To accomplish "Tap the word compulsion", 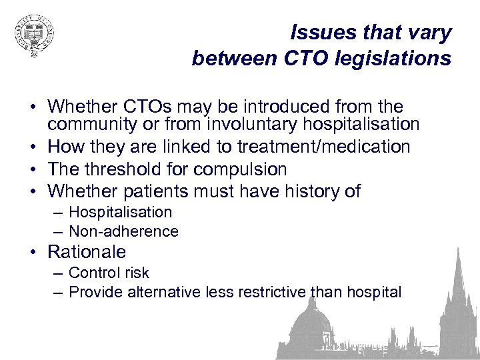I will [x=238, y=169].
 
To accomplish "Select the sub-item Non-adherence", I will [x=123, y=231].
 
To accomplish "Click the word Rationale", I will [x=87, y=252].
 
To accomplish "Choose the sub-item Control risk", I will [x=109, y=273].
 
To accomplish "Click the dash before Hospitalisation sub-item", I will [x=59, y=213].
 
